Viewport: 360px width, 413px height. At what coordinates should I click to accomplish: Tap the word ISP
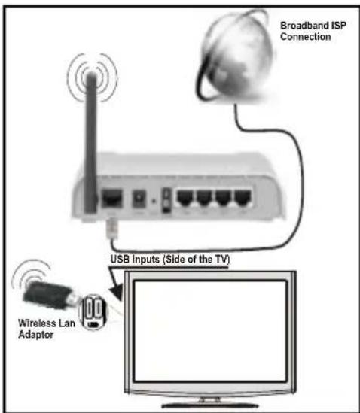[x=340, y=26]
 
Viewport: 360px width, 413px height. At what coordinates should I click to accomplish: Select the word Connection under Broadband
[x=306, y=36]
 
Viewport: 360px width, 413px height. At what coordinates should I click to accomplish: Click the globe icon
[x=235, y=56]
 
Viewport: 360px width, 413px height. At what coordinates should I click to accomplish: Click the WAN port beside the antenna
[x=112, y=199]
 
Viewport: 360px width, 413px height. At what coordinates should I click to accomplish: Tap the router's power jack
[x=139, y=199]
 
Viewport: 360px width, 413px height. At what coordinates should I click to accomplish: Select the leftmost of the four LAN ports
[x=185, y=199]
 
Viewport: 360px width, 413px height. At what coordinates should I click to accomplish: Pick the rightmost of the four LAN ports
[x=243, y=199]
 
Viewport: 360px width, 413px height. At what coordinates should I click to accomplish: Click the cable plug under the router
[x=111, y=228]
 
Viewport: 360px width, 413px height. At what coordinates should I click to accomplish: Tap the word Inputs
[x=146, y=260]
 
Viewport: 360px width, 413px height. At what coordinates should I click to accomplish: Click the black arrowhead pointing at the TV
[x=117, y=292]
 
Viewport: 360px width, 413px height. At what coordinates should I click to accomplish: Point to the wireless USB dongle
[x=49, y=295]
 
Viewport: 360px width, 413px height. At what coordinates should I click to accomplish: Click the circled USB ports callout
[x=93, y=312]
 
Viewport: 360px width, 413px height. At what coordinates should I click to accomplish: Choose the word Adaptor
[x=36, y=335]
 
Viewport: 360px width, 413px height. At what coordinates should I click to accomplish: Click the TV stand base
[x=210, y=405]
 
